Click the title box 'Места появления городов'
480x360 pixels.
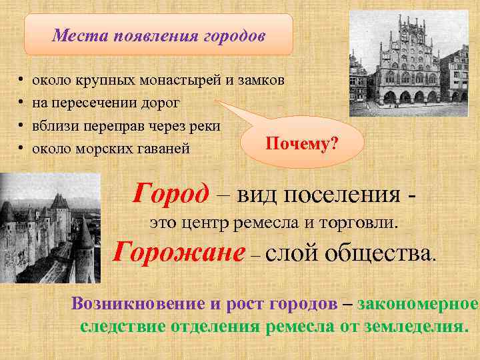[159, 35]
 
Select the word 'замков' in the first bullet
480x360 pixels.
[264, 80]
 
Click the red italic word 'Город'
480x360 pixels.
[171, 194]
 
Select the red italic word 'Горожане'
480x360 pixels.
[179, 253]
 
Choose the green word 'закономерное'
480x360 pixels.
[418, 303]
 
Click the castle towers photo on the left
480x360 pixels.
[50, 227]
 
